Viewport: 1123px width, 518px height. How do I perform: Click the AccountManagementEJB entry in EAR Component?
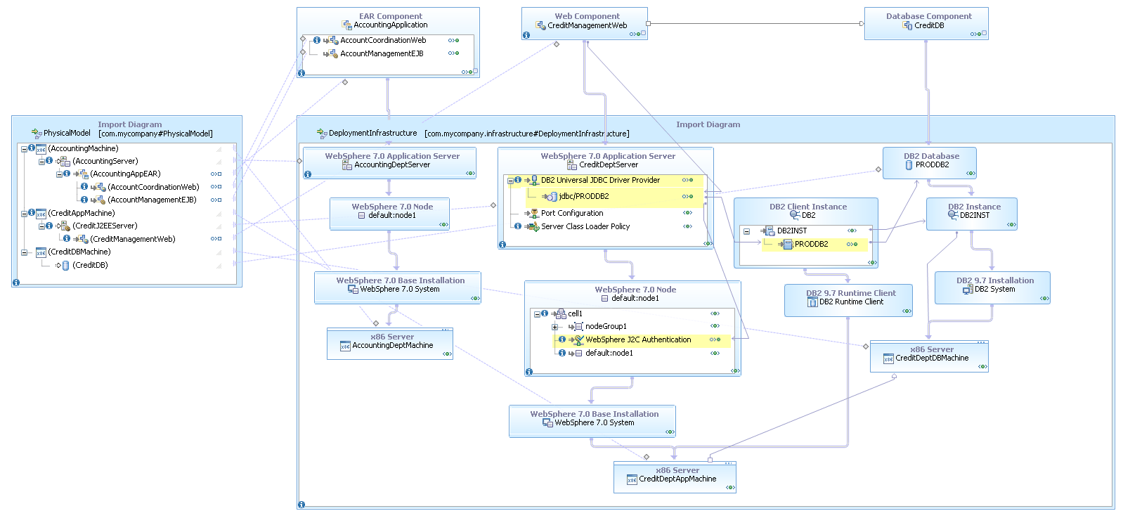(x=382, y=53)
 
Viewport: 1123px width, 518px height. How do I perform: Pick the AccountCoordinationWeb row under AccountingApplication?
(x=383, y=40)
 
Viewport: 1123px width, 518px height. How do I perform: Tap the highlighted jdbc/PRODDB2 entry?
(x=583, y=196)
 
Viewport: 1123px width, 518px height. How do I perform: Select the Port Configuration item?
(x=571, y=213)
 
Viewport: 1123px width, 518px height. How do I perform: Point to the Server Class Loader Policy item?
(x=585, y=226)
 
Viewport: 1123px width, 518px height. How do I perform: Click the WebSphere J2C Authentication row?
(x=637, y=339)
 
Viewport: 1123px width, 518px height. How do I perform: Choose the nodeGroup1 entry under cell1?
(x=605, y=326)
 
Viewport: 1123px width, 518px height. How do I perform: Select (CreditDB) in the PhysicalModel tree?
(x=90, y=265)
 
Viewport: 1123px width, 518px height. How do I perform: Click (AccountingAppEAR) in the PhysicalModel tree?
(x=125, y=174)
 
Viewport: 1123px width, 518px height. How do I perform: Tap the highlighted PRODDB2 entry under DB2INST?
(x=811, y=244)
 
